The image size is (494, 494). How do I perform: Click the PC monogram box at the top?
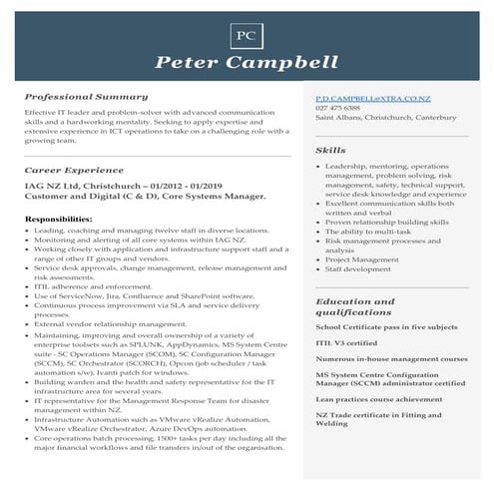pyautogui.click(x=247, y=35)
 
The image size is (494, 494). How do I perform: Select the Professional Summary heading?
pyautogui.click(x=86, y=98)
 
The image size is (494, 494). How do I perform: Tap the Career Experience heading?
pyautogui.click(x=75, y=171)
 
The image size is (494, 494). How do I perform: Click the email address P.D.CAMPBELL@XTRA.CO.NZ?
pyautogui.click(x=372, y=101)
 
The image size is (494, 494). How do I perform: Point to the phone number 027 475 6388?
pyautogui.click(x=338, y=109)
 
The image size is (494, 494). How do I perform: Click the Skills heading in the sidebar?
pyautogui.click(x=330, y=150)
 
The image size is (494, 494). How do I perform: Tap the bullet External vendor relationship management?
pyautogui.click(x=110, y=323)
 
